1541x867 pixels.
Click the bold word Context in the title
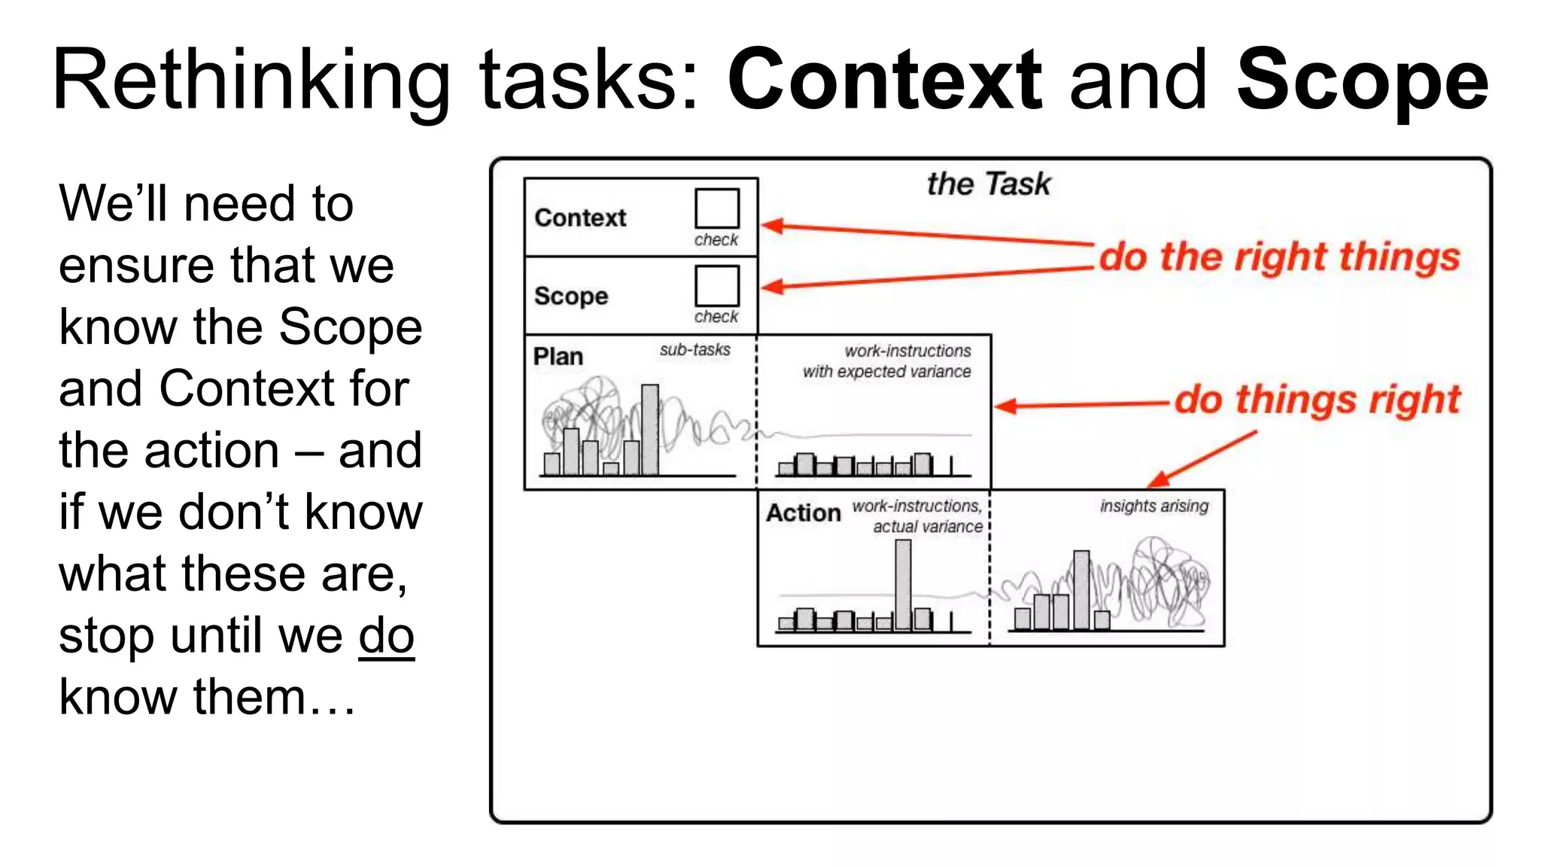885,80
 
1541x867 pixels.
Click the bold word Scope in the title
1362,80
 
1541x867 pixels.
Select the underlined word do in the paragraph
386,636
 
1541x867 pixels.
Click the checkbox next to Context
716,208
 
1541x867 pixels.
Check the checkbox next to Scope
716,285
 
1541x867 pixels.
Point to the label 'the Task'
988,184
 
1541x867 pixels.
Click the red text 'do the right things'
1279,257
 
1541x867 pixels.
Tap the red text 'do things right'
1317,400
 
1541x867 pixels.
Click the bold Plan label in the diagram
558,357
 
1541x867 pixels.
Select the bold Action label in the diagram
803,513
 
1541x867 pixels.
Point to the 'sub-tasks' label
695,350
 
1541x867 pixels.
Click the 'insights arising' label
1153,507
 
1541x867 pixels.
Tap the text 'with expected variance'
886,372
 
